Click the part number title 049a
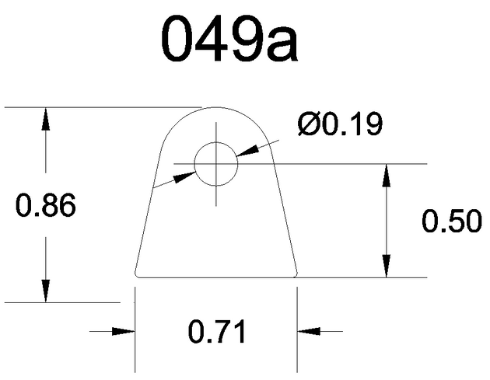[x=229, y=39]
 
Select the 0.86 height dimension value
[x=46, y=205]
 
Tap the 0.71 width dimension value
[x=217, y=331]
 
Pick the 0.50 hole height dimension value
[x=451, y=221]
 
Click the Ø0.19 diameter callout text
[x=340, y=124]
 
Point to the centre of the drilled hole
[x=216, y=164]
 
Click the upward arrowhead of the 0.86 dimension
[x=46, y=118]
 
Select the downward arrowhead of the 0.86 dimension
[x=46, y=291]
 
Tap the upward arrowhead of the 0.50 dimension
[x=387, y=175]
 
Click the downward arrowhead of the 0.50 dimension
[x=387, y=266]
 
